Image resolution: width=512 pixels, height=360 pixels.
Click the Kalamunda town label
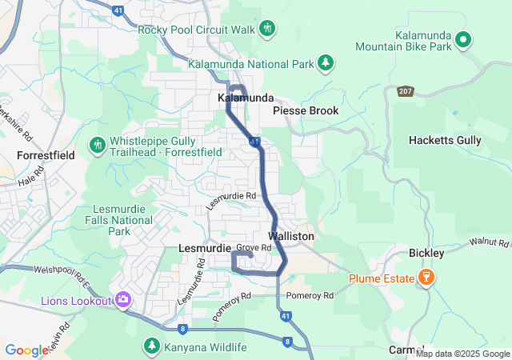point(246,98)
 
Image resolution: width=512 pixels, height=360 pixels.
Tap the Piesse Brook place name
point(306,110)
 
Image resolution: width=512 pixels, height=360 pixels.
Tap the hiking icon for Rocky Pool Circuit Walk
point(267,30)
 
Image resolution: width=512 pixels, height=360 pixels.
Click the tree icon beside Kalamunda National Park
point(326,62)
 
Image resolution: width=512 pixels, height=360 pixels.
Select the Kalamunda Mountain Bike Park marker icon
point(462,38)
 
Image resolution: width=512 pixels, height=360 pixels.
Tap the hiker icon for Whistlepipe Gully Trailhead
point(98,145)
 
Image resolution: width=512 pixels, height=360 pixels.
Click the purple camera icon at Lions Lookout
point(123,300)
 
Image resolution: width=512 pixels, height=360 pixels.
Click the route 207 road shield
point(406,91)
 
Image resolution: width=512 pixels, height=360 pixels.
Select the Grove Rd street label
point(254,248)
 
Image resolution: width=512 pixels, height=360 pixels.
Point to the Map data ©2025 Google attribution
point(462,354)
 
